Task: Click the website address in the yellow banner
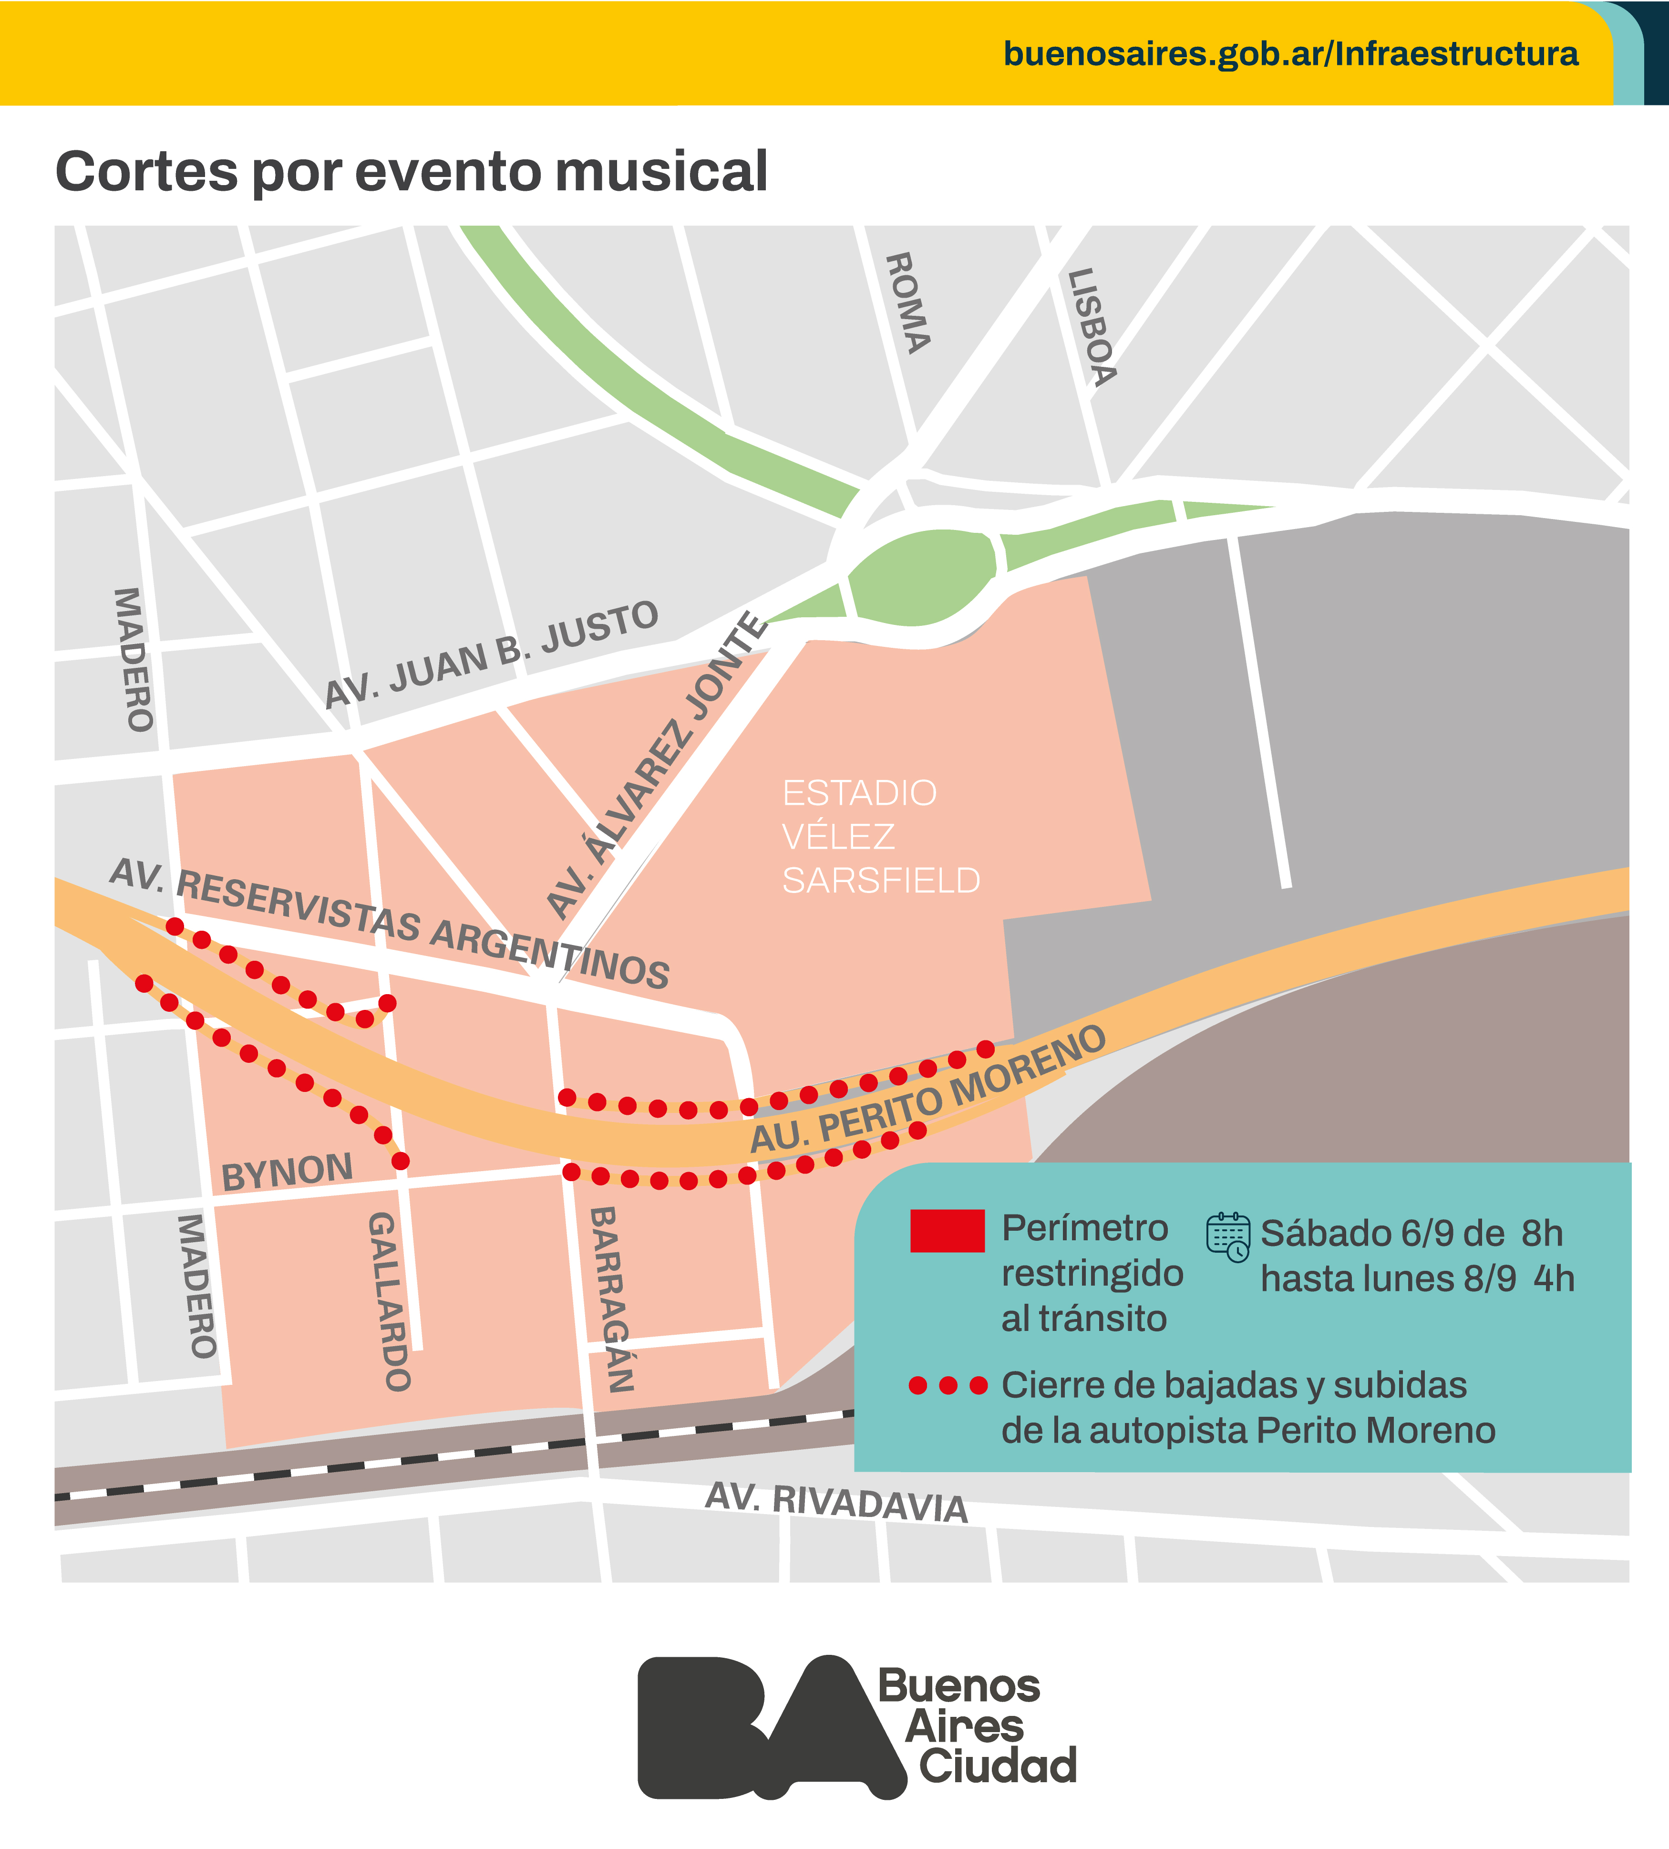click(1290, 54)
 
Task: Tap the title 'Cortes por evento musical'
click(412, 172)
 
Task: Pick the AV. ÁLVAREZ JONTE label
click(657, 765)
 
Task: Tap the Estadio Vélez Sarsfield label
click(880, 836)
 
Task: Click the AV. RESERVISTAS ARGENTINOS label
click(390, 924)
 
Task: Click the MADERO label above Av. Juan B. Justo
click(133, 659)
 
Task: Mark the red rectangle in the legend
click(948, 1231)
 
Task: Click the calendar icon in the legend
click(1228, 1236)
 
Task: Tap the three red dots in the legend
click(948, 1385)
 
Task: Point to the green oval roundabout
click(921, 578)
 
